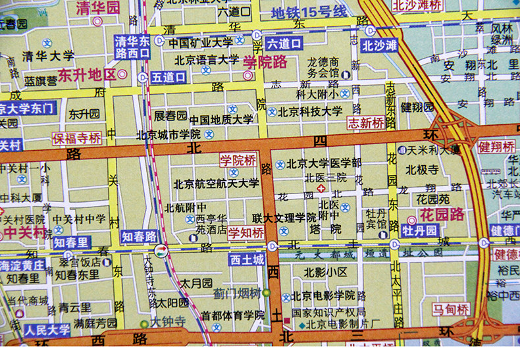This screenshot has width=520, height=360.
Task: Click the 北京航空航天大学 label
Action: click(216, 184)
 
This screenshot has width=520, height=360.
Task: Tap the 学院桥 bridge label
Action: click(237, 160)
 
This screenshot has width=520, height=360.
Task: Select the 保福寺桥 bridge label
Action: click(78, 139)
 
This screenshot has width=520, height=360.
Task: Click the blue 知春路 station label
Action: click(138, 236)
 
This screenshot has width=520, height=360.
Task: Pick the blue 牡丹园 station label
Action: click(420, 230)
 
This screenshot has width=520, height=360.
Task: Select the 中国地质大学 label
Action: click(221, 120)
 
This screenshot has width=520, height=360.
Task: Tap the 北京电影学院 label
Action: click(324, 295)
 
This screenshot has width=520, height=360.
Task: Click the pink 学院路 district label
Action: click(265, 62)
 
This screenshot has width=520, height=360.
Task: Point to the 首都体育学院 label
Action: click(232, 315)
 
